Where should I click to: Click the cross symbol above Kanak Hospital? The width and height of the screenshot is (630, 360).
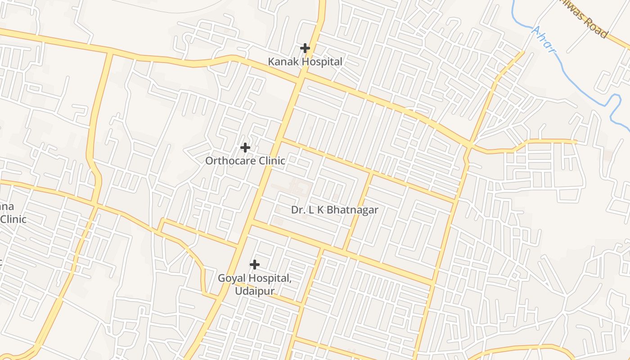tap(305, 48)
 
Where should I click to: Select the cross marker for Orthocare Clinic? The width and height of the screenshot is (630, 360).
tap(245, 147)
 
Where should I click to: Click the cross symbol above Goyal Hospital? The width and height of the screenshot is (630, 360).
tap(255, 264)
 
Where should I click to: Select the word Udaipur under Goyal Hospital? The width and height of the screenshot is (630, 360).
tap(255, 291)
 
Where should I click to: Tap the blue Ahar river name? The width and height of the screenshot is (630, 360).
tap(543, 40)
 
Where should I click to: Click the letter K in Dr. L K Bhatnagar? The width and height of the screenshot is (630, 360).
tap(319, 210)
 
